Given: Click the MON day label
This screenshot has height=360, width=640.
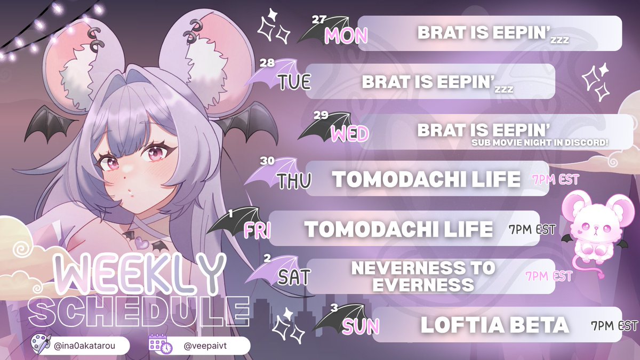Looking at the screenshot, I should (x=346, y=36).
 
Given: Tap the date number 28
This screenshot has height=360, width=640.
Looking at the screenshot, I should (x=267, y=63).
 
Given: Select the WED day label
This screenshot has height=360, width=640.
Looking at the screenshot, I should (x=349, y=134).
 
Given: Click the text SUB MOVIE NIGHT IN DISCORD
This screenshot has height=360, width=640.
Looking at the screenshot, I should (x=540, y=143).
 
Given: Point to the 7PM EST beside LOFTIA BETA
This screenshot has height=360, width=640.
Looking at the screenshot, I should (x=614, y=325).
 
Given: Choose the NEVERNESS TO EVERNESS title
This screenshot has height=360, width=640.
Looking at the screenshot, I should (x=423, y=276).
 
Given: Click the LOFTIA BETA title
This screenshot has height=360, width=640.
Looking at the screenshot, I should (x=494, y=325).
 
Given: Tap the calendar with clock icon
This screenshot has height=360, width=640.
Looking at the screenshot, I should (x=161, y=344).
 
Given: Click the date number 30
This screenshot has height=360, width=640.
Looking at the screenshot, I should (x=267, y=159).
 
